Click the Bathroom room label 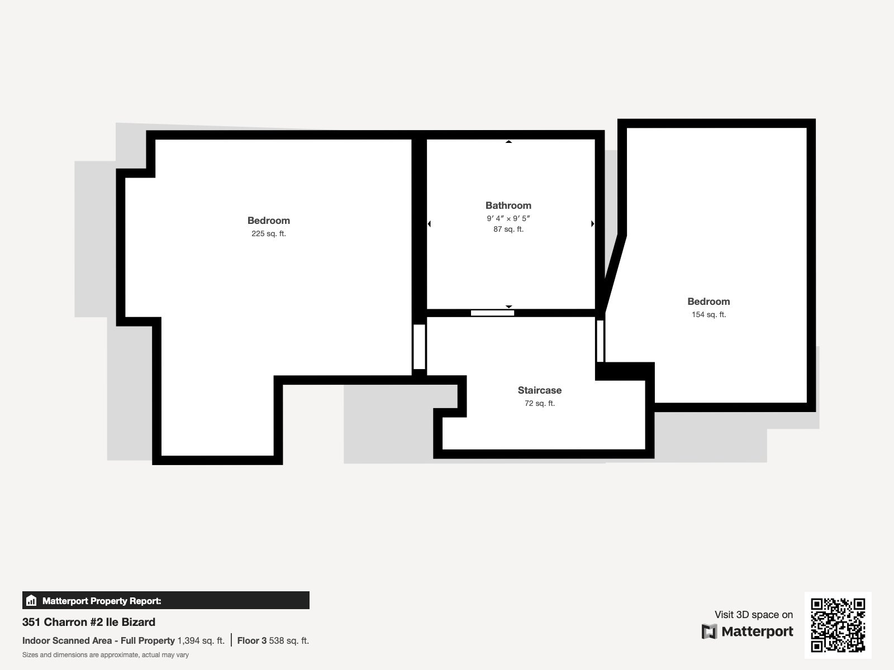pyautogui.click(x=508, y=205)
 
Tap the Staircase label pyautogui.click(x=539, y=390)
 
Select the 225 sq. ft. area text pyautogui.click(x=268, y=234)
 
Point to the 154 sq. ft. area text pyautogui.click(x=708, y=315)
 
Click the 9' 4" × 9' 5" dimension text pyautogui.click(x=508, y=218)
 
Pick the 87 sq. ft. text pyautogui.click(x=508, y=229)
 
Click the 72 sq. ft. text pyautogui.click(x=539, y=404)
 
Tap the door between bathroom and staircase pyautogui.click(x=492, y=313)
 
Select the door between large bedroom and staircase pyautogui.click(x=419, y=347)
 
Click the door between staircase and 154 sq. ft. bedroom pyautogui.click(x=600, y=341)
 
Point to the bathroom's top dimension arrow pyautogui.click(x=508, y=142)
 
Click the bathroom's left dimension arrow pyautogui.click(x=429, y=224)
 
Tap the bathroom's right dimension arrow pyautogui.click(x=592, y=224)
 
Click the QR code pyautogui.click(x=838, y=625)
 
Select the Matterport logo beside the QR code pyautogui.click(x=747, y=631)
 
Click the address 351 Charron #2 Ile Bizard pyautogui.click(x=89, y=622)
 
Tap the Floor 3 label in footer pyautogui.click(x=252, y=641)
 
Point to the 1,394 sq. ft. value pyautogui.click(x=201, y=641)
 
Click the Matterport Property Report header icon pyautogui.click(x=31, y=601)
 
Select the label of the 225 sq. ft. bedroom pyautogui.click(x=268, y=221)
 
